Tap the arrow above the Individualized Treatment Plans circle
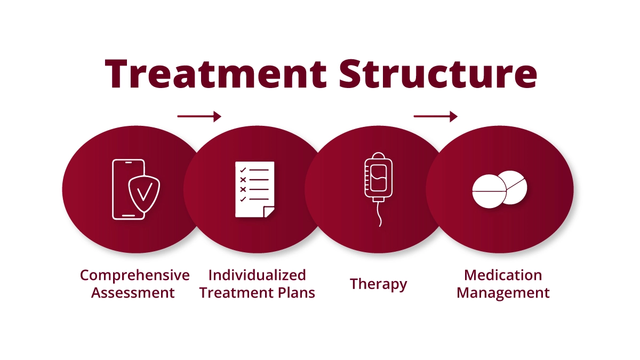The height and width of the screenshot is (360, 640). tap(199, 116)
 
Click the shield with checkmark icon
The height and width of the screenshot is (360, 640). tap(144, 192)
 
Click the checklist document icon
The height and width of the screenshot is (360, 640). tap(254, 189)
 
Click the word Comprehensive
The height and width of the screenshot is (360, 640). tap(134, 275)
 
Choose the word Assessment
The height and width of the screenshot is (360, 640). tap(133, 293)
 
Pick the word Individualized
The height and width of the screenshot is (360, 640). tap(257, 275)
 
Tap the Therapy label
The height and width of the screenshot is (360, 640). tap(378, 284)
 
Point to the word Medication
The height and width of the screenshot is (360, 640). tap(503, 275)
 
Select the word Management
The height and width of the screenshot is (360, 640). tap(503, 293)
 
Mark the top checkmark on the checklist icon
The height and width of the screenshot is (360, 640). tap(243, 171)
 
